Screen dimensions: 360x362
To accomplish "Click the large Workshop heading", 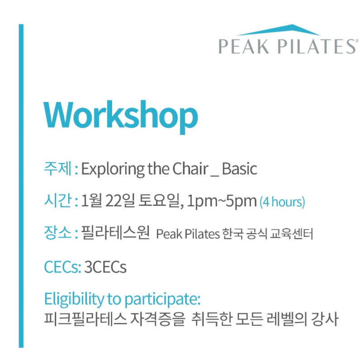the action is click(121, 117).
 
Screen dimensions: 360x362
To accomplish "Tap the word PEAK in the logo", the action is click(244, 47).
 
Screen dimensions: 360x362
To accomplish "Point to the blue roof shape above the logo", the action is click(279, 30).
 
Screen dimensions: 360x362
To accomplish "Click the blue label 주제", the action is click(58, 169).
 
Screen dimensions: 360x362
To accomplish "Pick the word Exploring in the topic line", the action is click(113, 169).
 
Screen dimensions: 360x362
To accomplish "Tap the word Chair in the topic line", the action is click(190, 169).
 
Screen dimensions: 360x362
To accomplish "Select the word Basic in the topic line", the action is click(239, 169).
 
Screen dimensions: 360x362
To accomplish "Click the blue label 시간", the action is click(58, 201).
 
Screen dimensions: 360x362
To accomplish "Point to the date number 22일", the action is click(120, 201).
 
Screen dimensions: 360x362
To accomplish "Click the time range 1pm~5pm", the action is click(222, 202).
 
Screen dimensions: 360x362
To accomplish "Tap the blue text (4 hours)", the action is click(282, 202).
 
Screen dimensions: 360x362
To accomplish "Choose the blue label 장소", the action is click(58, 233).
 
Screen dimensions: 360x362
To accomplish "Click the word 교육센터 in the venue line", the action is click(292, 234).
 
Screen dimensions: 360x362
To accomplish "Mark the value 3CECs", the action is click(105, 267).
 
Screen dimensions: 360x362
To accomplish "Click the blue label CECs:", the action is click(62, 267).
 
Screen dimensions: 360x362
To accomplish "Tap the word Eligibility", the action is click(74, 300).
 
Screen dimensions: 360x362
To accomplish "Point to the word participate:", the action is click(162, 300).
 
